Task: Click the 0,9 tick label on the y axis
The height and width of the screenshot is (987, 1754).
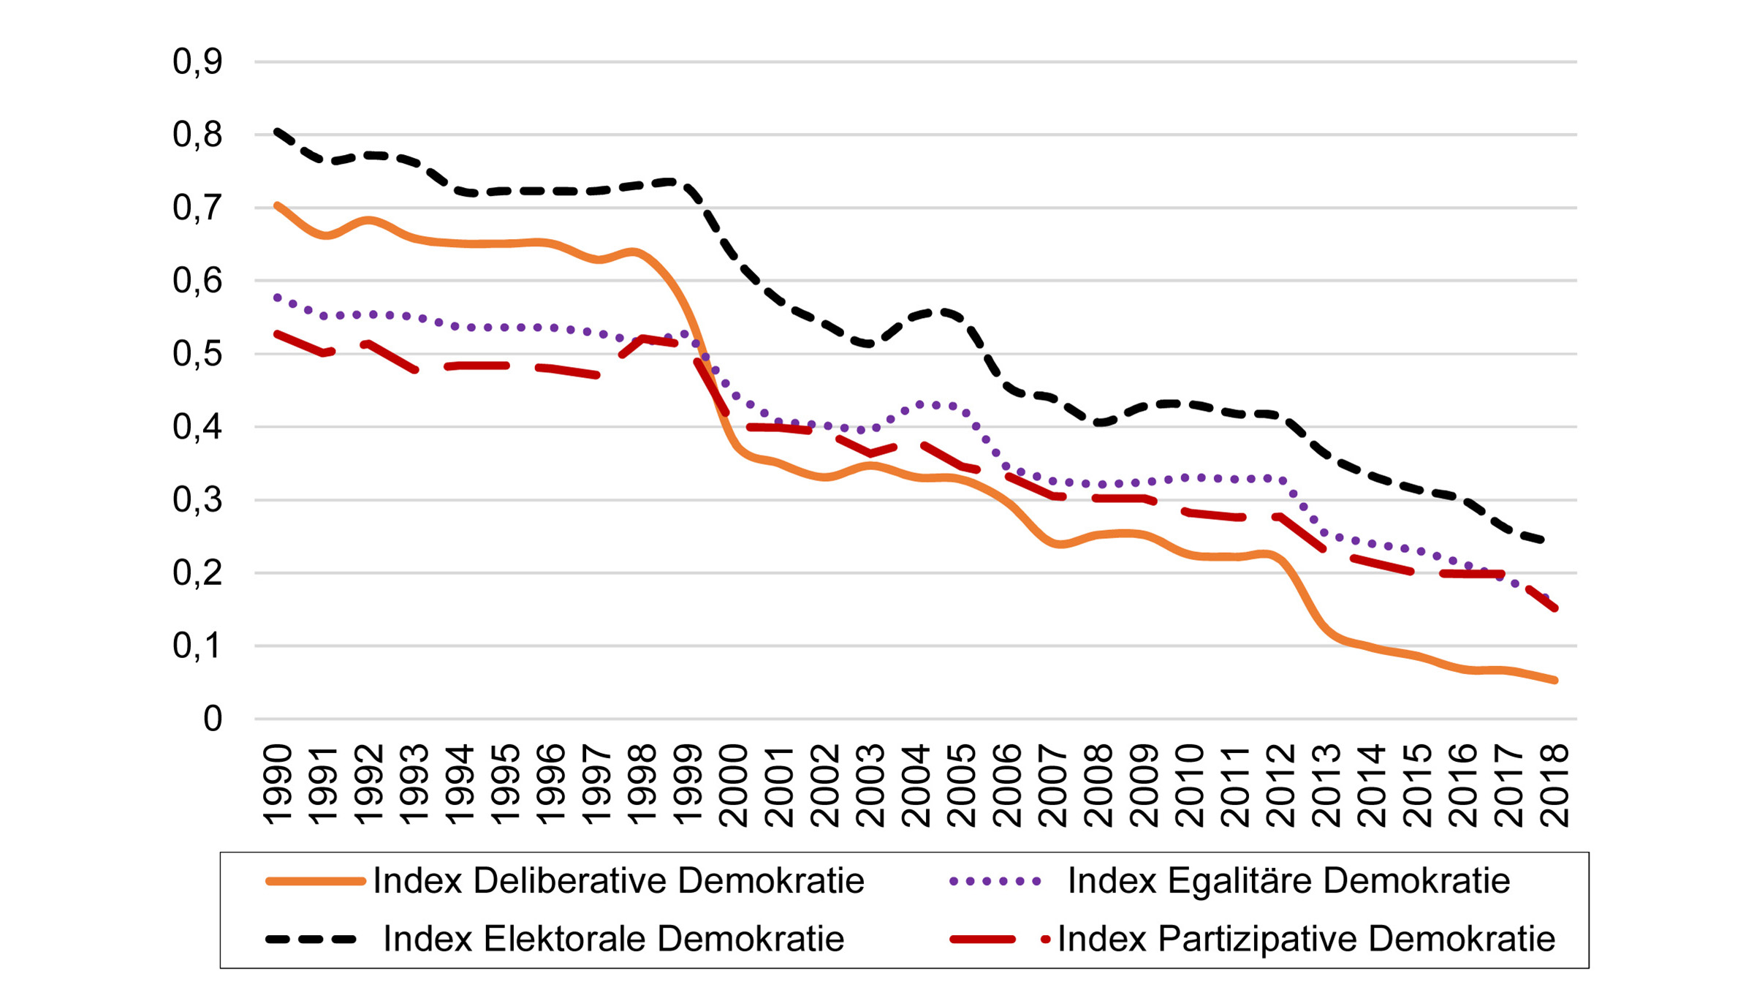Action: [197, 62]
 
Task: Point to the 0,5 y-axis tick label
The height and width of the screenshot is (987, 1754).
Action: [197, 355]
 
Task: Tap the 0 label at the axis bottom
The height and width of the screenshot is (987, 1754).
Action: [213, 719]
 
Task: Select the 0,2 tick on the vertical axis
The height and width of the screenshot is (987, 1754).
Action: [197, 573]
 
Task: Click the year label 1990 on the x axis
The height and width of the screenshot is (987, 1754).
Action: [278, 786]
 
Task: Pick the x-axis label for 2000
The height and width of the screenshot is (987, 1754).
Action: [734, 786]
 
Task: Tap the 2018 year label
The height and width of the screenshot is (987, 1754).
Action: [1554, 786]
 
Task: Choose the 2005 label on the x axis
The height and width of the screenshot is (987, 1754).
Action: [962, 786]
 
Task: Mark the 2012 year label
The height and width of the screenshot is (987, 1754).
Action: [1281, 786]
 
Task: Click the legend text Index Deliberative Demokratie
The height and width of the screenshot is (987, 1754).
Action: [618, 881]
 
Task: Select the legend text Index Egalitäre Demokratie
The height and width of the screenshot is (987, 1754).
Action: [1288, 881]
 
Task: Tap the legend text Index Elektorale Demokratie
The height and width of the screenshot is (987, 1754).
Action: [614, 939]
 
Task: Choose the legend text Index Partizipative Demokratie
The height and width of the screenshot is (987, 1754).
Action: [1306, 939]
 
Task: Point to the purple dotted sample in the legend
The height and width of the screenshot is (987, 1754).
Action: [995, 882]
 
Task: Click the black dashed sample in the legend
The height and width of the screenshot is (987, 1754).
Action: [311, 939]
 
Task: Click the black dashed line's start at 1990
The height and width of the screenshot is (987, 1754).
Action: [278, 132]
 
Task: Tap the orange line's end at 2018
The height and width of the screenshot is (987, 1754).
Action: [1554, 681]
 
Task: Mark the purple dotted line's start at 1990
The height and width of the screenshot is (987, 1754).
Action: [277, 298]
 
